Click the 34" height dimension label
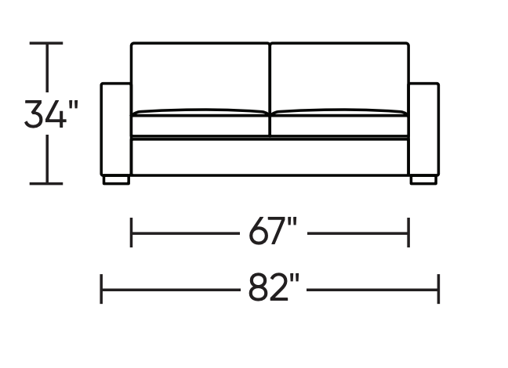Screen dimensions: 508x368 click(x=52, y=114)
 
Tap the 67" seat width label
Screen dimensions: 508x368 click(x=273, y=231)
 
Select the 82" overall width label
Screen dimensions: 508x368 click(x=273, y=287)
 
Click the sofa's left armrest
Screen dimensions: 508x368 click(x=116, y=129)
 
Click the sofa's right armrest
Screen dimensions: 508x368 click(x=424, y=129)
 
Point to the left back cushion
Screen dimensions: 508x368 click(x=200, y=77)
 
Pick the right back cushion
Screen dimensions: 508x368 click(x=339, y=77)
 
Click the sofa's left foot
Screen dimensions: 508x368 click(x=116, y=180)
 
